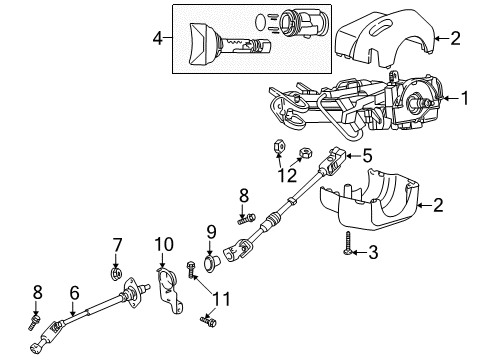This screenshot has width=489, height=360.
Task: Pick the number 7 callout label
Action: coord(117,245)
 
